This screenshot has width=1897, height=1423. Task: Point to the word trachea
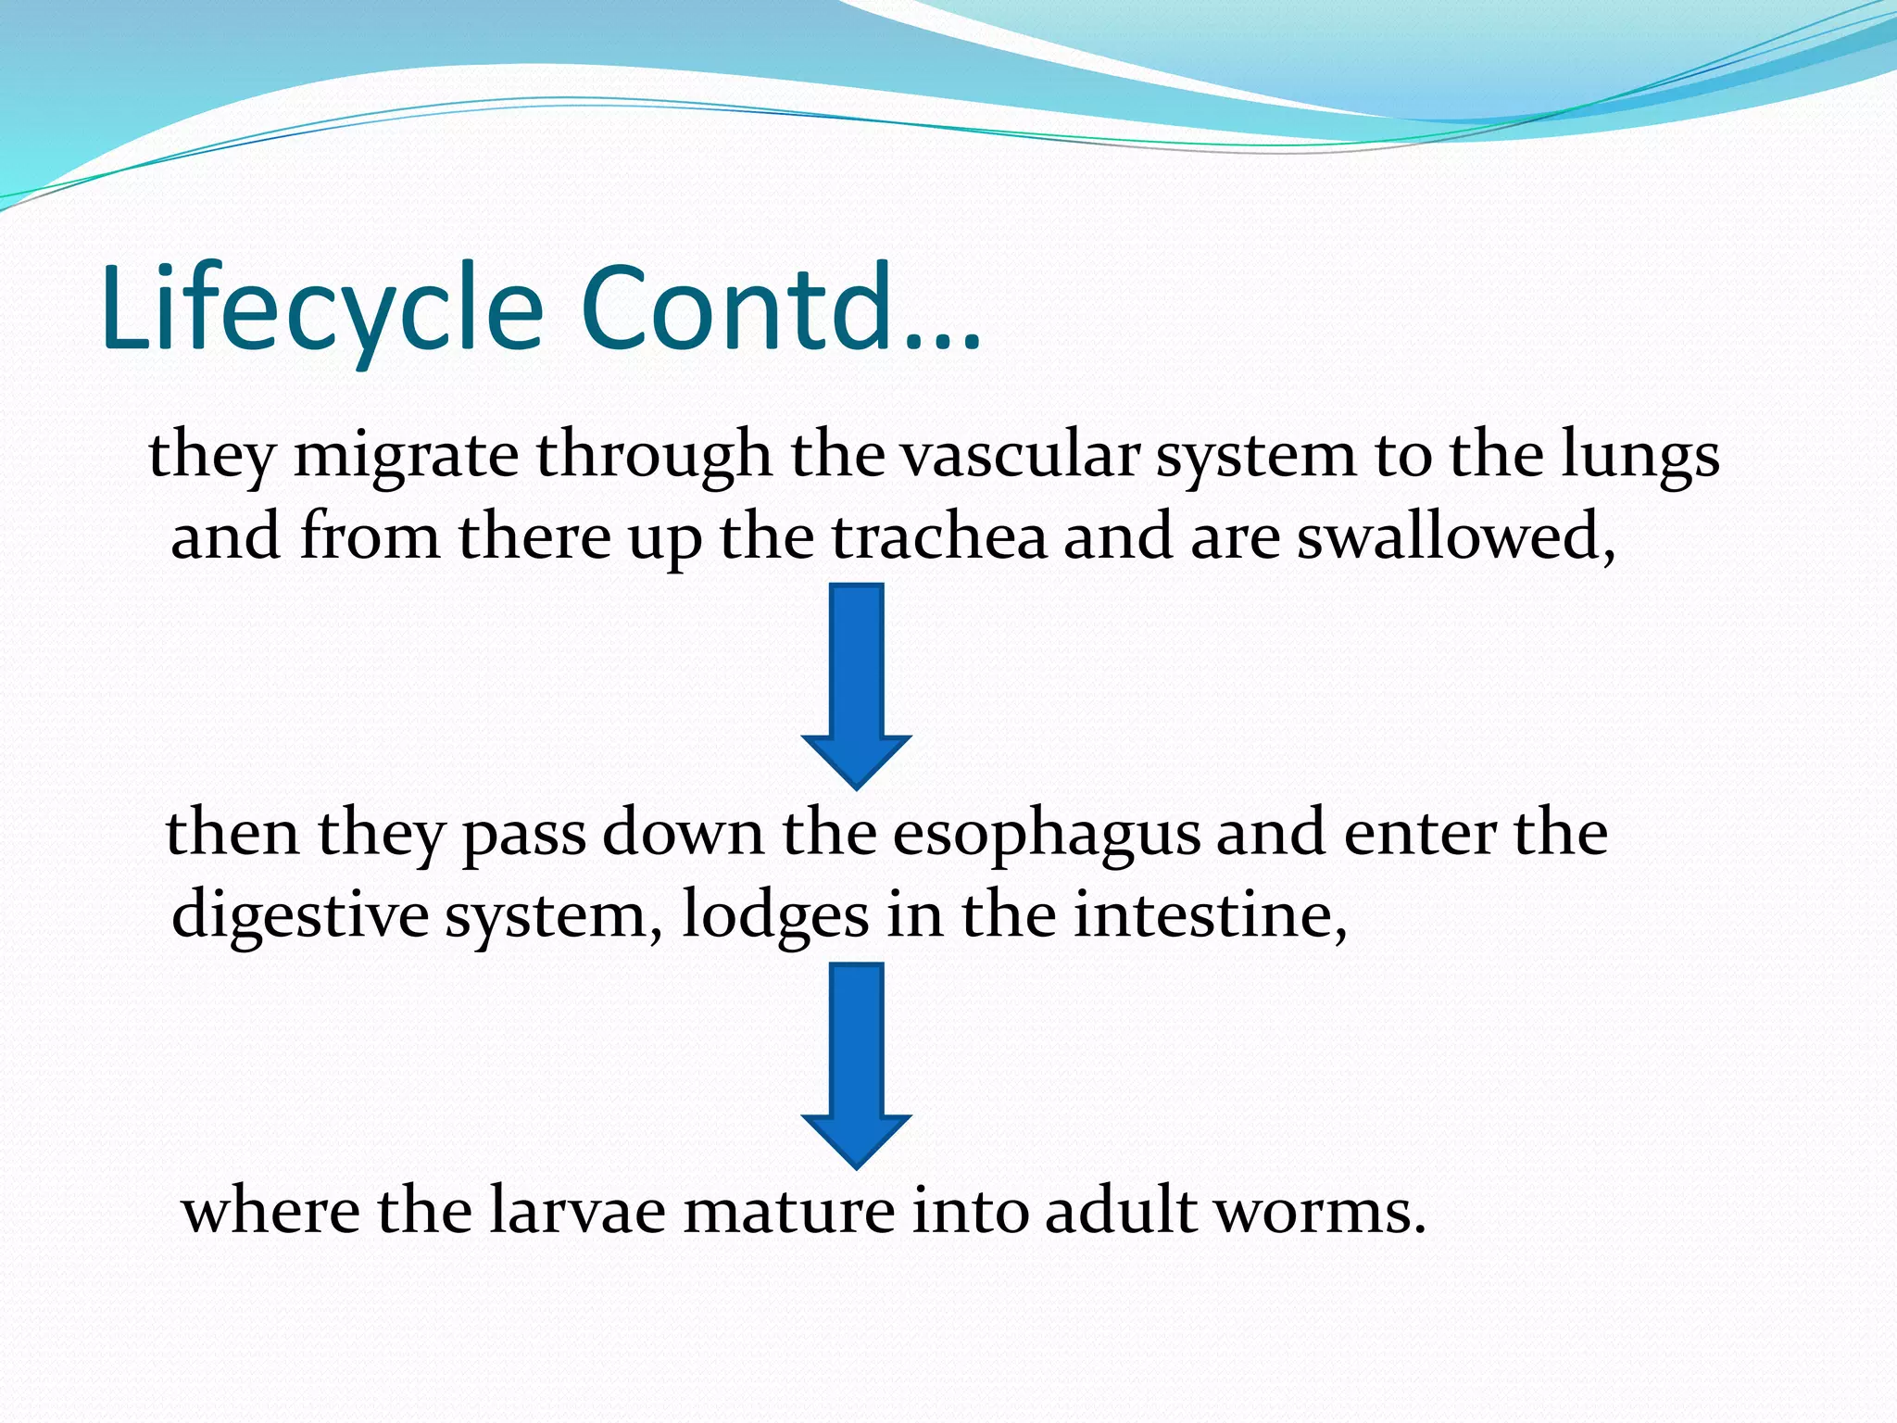(938, 537)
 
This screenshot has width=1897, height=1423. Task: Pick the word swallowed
(1454, 537)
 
